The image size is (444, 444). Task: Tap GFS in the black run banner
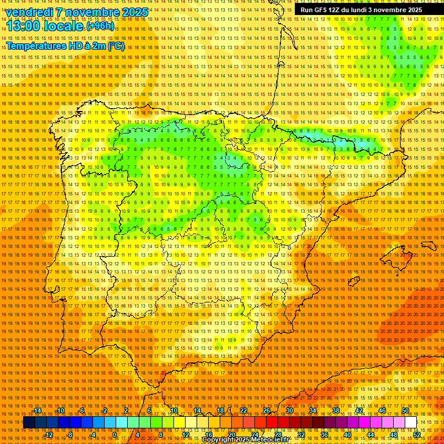[321, 10]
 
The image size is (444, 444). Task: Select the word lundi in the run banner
[362, 10]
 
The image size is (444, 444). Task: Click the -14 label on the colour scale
[37, 410]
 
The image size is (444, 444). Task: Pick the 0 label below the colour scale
[115, 435]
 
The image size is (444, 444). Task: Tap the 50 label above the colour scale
[405, 410]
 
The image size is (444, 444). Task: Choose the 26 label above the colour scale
[267, 410]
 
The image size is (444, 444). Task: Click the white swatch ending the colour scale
[410, 423]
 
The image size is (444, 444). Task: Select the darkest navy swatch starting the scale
[29, 423]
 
